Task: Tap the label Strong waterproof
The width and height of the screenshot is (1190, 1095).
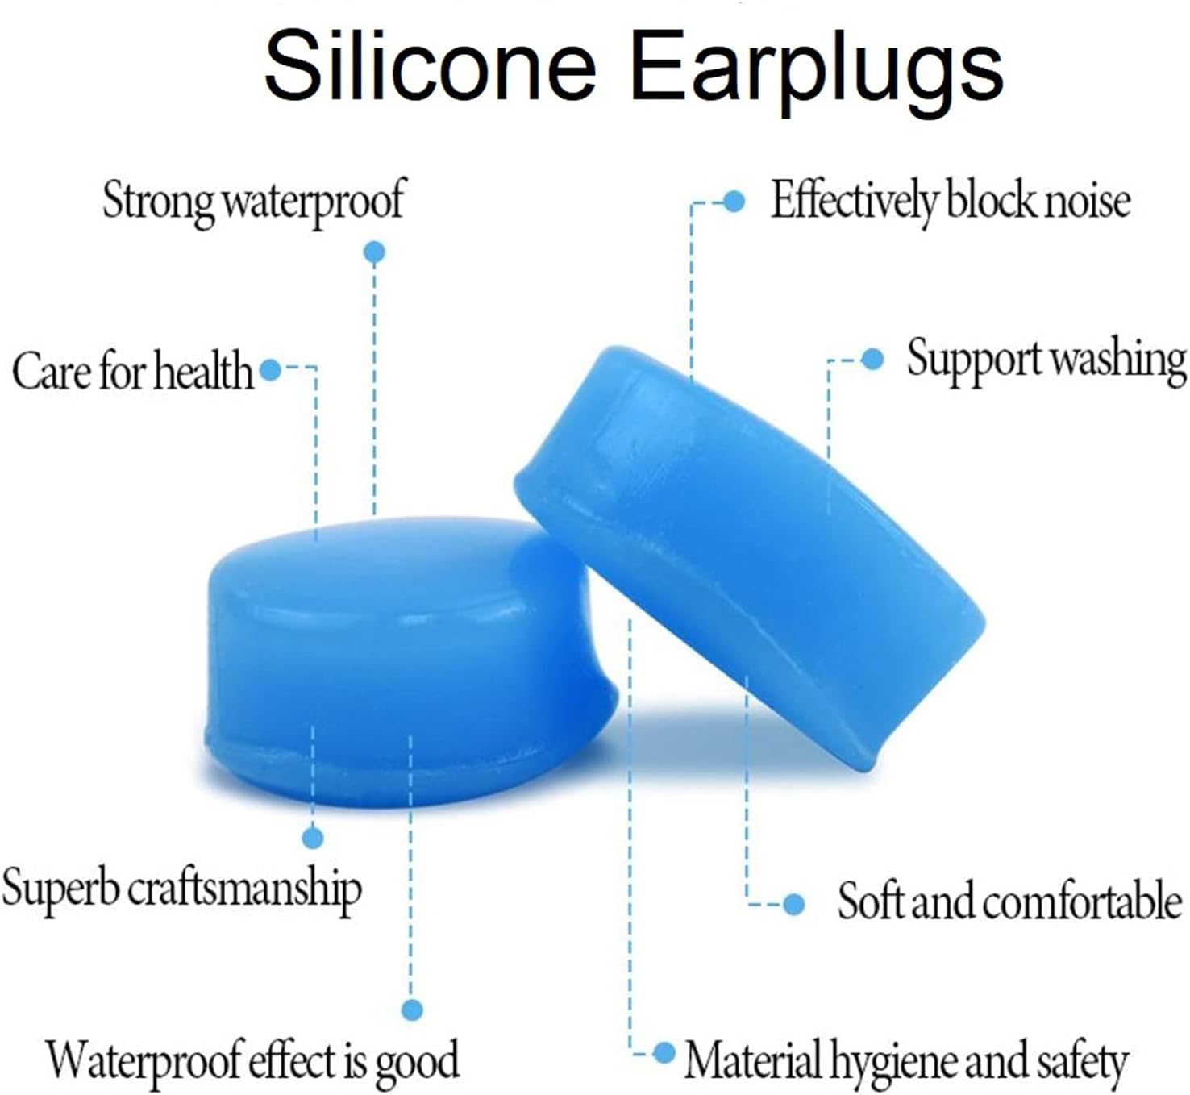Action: (x=253, y=203)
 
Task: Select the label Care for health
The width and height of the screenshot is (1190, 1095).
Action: (x=132, y=371)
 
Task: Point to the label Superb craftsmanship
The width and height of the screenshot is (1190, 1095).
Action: (x=181, y=889)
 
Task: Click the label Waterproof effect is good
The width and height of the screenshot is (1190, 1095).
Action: (x=253, y=1060)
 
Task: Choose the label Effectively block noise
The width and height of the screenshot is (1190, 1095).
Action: (x=951, y=202)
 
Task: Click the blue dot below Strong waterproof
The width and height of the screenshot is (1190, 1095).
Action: (x=374, y=252)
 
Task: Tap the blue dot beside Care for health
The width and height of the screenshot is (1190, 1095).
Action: (x=271, y=370)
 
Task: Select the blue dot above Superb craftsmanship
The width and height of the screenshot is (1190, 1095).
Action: (x=313, y=838)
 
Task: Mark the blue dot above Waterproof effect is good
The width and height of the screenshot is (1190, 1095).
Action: (x=412, y=1009)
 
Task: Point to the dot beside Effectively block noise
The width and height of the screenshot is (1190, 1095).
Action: (x=734, y=202)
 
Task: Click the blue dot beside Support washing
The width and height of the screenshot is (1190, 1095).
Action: (x=872, y=359)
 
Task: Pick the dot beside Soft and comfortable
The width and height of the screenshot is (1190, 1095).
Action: (x=793, y=905)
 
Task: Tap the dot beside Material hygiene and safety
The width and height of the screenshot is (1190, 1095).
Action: (x=664, y=1053)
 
